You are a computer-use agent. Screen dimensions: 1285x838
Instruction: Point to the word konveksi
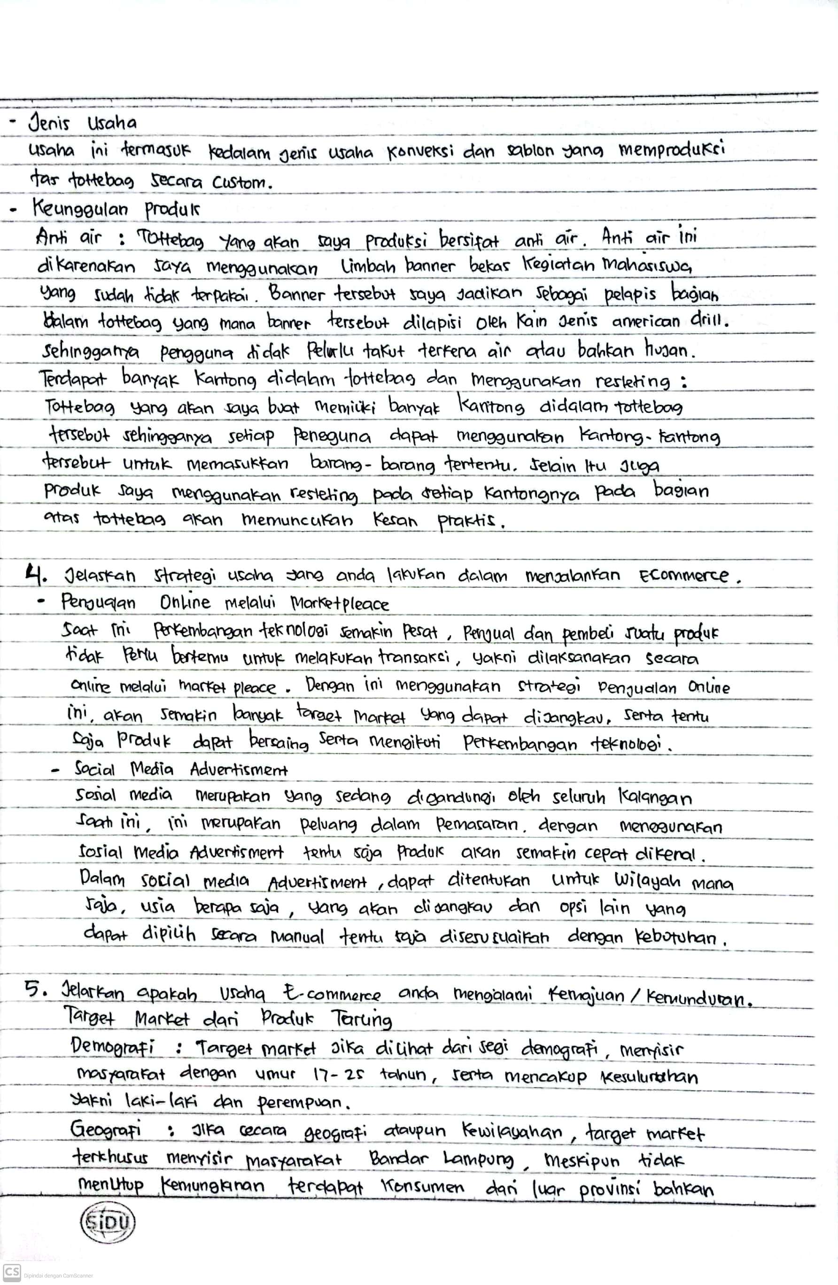point(419,152)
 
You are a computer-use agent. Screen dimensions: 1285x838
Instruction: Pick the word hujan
point(671,351)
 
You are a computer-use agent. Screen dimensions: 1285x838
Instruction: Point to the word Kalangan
point(654,799)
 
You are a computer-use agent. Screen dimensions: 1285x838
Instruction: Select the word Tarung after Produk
point(361,1020)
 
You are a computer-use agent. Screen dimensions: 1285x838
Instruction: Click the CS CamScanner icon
point(11,1273)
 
